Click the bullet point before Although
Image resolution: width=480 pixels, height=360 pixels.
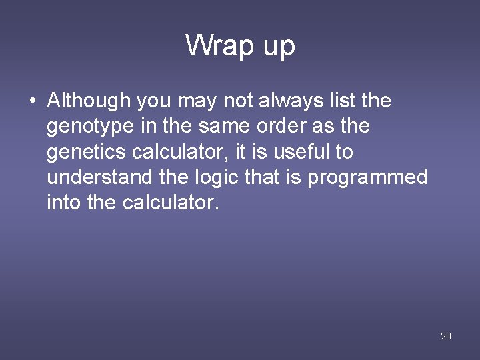pyautogui.click(x=32, y=101)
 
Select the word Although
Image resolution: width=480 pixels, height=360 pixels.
pyautogui.click(x=89, y=101)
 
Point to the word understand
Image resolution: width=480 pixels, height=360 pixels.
pyautogui.click(x=95, y=177)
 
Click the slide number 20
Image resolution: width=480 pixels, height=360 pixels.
pyautogui.click(x=446, y=336)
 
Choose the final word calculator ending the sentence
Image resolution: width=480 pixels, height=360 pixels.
pyautogui.click(x=171, y=202)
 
